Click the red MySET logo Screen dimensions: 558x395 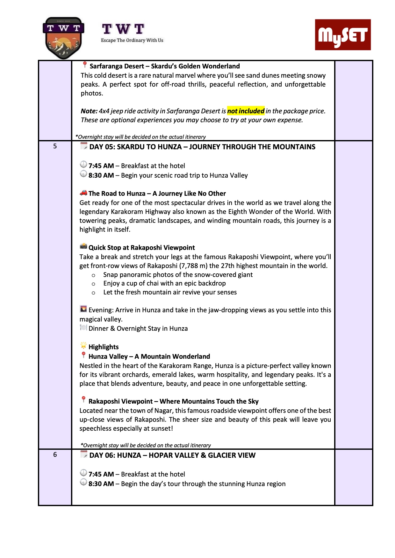pos(343,35)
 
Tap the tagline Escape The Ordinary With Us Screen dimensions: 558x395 pos(132,40)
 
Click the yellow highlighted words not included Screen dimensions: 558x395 pos(246,111)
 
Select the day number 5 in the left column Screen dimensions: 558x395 pos(55,146)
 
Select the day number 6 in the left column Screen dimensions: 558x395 pos(55,455)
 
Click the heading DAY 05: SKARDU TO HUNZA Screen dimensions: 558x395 pos(202,147)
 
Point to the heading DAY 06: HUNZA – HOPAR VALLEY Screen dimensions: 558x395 pos(172,455)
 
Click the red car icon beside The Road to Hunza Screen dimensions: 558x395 pos(83,193)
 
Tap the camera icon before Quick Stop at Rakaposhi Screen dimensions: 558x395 pos(83,246)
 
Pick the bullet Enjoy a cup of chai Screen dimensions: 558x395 pos(164,283)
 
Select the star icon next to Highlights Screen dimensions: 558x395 pos(83,346)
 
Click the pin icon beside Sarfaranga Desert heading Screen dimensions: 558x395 pos(85,65)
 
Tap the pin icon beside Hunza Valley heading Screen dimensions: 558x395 pos(83,355)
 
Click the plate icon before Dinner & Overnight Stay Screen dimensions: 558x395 pos(83,328)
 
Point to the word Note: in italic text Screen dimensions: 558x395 pos(89,111)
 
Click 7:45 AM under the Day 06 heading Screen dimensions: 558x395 pos(101,474)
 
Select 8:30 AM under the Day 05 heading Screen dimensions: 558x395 pos(101,175)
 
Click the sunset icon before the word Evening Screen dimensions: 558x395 pos(83,309)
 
